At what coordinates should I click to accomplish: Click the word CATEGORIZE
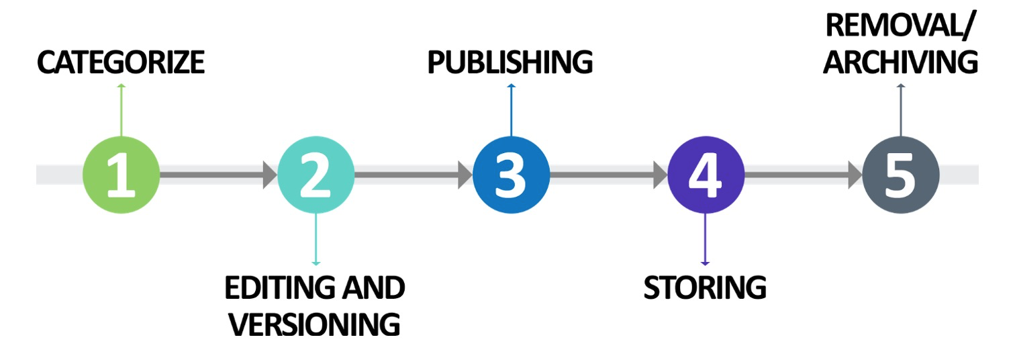(121, 62)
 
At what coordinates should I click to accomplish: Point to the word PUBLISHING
(510, 62)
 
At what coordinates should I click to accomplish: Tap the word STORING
(705, 287)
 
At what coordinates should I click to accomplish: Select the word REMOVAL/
(900, 27)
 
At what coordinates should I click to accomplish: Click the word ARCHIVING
(900, 62)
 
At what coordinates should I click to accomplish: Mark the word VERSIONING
(314, 324)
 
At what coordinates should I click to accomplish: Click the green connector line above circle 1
(121, 111)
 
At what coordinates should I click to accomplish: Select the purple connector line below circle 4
(706, 238)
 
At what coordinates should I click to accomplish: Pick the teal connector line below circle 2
(316, 238)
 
